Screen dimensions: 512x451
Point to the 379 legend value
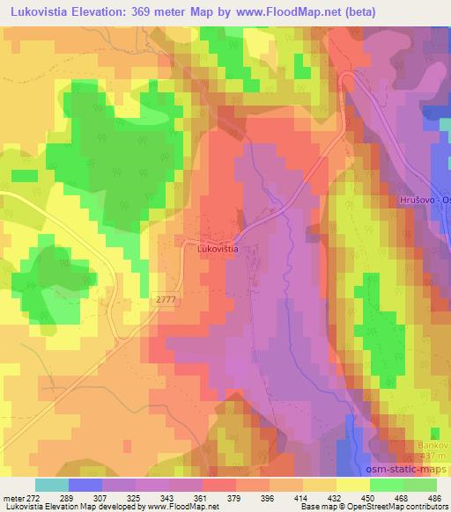click(235, 497)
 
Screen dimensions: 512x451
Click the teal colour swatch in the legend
click(52, 485)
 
